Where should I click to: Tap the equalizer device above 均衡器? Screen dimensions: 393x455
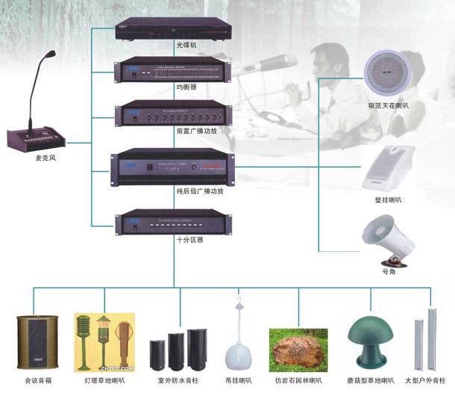click(x=172, y=69)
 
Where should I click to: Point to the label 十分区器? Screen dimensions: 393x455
click(x=173, y=240)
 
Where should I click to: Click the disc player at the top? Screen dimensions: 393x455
click(x=172, y=28)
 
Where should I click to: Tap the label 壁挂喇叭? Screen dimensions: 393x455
click(x=387, y=200)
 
